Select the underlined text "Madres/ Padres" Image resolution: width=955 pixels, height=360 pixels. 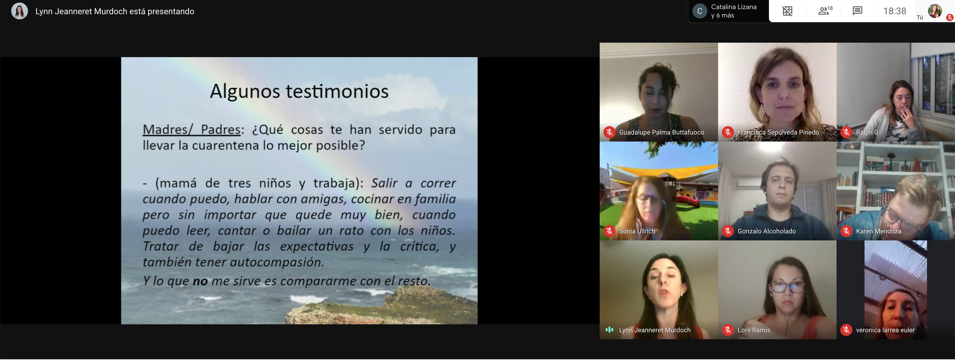pyautogui.click(x=192, y=130)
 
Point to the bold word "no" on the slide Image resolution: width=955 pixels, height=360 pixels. pyautogui.click(x=200, y=281)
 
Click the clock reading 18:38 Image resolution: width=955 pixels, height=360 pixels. pyautogui.click(x=895, y=11)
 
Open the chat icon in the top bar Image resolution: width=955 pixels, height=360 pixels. pyautogui.click(x=857, y=11)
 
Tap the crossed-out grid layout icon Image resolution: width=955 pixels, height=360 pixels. pyautogui.click(x=787, y=11)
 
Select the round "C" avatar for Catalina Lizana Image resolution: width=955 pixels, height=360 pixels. pyautogui.click(x=699, y=11)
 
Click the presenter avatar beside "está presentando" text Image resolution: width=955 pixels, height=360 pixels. pyautogui.click(x=20, y=11)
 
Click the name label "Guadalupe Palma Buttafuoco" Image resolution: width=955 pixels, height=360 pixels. pyautogui.click(x=661, y=132)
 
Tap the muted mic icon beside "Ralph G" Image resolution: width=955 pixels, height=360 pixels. pyautogui.click(x=846, y=132)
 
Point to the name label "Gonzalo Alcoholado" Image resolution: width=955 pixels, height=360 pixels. pyautogui.click(x=767, y=231)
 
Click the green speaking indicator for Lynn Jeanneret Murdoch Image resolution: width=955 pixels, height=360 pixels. pyautogui.click(x=609, y=330)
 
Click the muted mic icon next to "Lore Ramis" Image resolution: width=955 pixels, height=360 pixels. pyautogui.click(x=728, y=330)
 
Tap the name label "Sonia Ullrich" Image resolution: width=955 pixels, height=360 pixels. pyautogui.click(x=637, y=231)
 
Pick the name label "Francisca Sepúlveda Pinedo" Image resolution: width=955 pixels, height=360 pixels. pyautogui.click(x=778, y=132)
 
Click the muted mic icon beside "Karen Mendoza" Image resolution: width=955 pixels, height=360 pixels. pyautogui.click(x=846, y=231)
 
